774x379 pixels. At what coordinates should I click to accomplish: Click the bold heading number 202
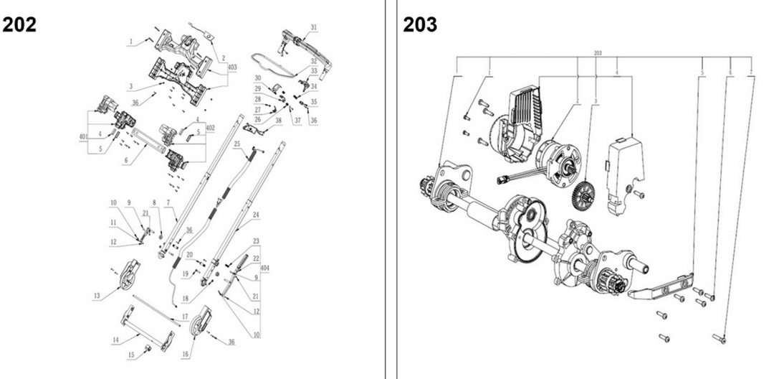(x=20, y=24)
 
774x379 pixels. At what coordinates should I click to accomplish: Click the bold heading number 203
(x=420, y=24)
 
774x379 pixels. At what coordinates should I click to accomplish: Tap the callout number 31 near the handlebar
(x=314, y=27)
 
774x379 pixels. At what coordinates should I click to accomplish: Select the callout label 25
(x=236, y=144)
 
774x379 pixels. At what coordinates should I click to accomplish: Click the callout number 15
(x=130, y=355)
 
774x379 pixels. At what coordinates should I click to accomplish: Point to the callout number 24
(x=255, y=215)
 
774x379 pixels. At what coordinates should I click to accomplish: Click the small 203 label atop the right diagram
(x=598, y=52)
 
